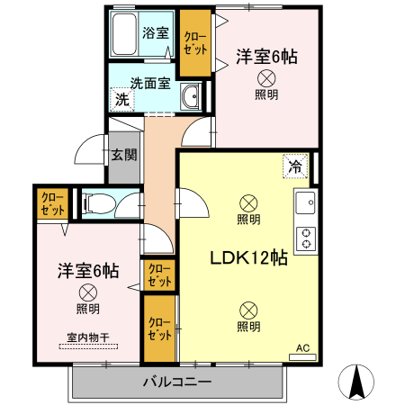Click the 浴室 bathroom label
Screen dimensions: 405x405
[156, 33]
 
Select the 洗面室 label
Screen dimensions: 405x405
[150, 83]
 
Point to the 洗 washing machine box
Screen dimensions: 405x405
[121, 99]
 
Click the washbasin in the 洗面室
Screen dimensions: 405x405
[190, 99]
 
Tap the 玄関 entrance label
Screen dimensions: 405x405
[123, 154]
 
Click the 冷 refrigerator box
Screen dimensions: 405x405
[294, 166]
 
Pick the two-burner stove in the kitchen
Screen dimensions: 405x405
[306, 238]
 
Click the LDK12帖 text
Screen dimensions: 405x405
[248, 258]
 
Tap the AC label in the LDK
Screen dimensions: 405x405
[302, 346]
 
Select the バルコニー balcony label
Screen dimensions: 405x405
[177, 382]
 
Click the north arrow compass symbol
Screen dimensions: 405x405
[357, 382]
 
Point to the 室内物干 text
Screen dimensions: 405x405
[87, 338]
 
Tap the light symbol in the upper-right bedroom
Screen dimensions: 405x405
[265, 78]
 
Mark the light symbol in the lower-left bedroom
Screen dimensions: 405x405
[87, 292]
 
